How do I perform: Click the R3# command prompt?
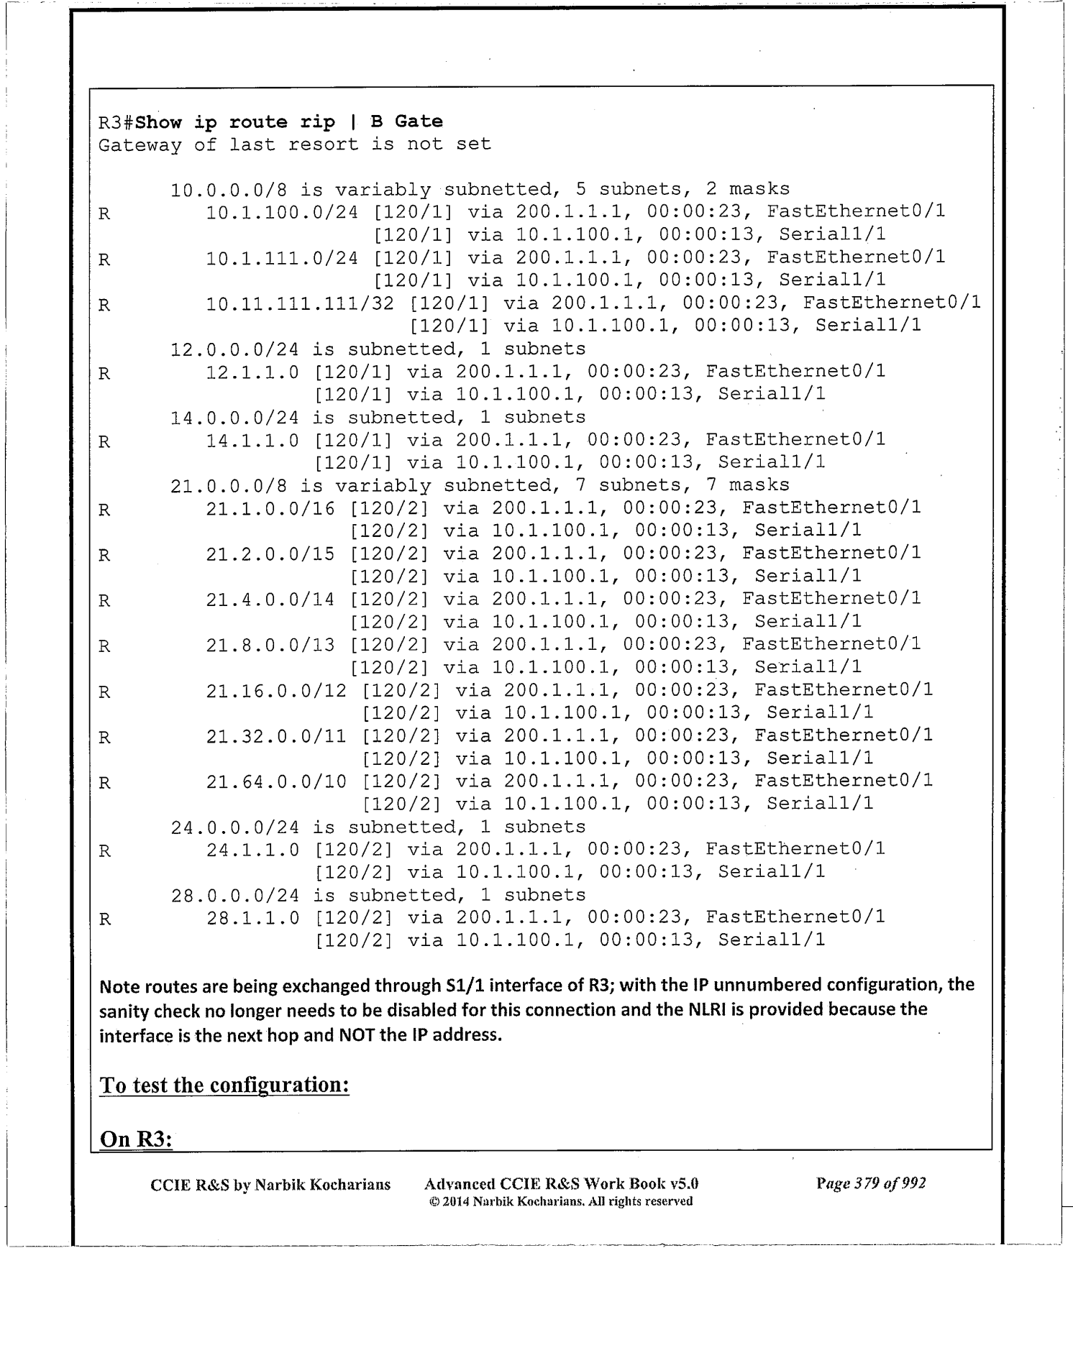coord(116,122)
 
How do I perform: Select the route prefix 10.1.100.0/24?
coord(281,212)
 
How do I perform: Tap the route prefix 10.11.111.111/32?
coord(299,303)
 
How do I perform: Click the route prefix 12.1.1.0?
coord(252,372)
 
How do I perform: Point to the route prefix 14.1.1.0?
coord(252,440)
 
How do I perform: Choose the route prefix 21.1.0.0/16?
coord(270,508)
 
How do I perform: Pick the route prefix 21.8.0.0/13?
coord(270,645)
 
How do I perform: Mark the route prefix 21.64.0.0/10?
coord(275,781)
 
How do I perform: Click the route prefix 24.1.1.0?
coord(252,850)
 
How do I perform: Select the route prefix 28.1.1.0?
coord(252,918)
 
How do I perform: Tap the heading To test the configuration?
coord(224,1084)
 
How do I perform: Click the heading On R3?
coord(135,1139)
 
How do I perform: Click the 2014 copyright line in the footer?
coord(560,1201)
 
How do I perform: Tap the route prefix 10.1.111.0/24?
coord(281,258)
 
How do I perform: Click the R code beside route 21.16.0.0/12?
coord(104,692)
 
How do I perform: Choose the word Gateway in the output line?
coord(140,144)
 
